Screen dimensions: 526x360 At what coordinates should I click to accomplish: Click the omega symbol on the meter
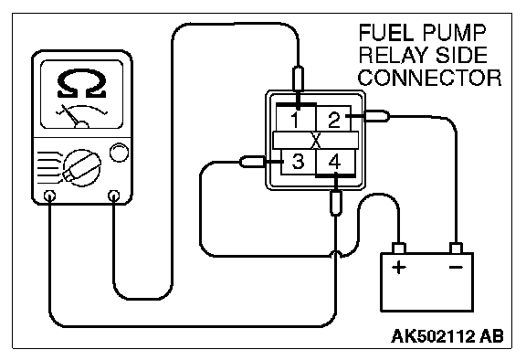[x=82, y=83]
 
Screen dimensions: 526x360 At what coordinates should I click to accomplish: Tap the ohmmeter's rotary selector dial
[x=82, y=167]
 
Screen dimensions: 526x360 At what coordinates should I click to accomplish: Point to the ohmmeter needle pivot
[x=82, y=125]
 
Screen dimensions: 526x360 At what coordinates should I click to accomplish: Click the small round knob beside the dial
[x=119, y=153]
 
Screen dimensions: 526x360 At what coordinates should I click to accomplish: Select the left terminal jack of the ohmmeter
[x=49, y=196]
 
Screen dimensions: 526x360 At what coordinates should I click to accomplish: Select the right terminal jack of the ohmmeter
[x=114, y=195]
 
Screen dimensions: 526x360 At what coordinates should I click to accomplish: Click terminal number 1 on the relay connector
[x=295, y=120]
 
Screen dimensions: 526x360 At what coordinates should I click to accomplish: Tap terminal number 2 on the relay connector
[x=334, y=120]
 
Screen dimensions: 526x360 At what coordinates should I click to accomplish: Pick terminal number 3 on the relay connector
[x=298, y=161]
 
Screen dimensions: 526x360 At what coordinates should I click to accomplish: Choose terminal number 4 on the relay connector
[x=334, y=162]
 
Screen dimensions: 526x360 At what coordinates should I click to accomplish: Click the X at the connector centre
[x=316, y=141]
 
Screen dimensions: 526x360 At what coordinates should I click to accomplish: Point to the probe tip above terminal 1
[x=298, y=79]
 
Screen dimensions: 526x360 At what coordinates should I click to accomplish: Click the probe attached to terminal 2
[x=376, y=116]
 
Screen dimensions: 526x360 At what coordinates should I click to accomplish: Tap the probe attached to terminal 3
[x=253, y=162]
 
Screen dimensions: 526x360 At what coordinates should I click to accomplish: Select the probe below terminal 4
[x=336, y=203]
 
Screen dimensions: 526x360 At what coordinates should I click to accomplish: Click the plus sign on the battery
[x=399, y=268]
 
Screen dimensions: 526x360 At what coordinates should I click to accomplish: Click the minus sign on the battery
[x=456, y=267]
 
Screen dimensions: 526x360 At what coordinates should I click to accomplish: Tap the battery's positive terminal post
[x=399, y=249]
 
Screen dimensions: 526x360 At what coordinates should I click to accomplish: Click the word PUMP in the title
[x=454, y=33]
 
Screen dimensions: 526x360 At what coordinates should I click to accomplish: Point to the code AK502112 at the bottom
[x=433, y=336]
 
